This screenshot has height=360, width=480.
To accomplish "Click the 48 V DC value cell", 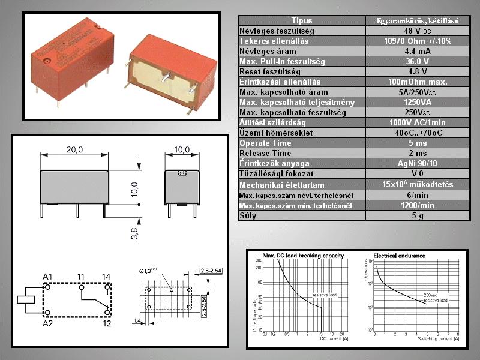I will pos(418,31).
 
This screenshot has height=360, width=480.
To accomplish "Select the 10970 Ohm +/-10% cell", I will pos(418,41).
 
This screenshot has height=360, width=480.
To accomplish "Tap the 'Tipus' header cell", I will pos(302,20).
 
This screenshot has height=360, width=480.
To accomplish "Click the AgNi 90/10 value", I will pos(418,163).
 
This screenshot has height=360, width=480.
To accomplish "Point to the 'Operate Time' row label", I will pos(265,143).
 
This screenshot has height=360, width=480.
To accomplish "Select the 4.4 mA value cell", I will pos(418,51).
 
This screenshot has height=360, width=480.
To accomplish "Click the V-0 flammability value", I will pos(418,173).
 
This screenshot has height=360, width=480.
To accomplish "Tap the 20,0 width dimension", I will pos(75,149).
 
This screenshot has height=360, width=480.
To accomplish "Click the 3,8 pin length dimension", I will pos(134,232).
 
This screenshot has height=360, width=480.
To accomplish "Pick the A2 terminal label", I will pos(48,323).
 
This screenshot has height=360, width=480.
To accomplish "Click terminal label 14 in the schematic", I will pos(106,276).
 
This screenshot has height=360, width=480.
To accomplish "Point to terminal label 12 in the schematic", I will pos(106,323).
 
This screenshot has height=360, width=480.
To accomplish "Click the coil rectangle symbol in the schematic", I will pos(26,299).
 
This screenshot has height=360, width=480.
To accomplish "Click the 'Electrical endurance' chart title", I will pos(399,256).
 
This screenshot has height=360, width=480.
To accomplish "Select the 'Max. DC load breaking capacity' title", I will pos(303,256).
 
